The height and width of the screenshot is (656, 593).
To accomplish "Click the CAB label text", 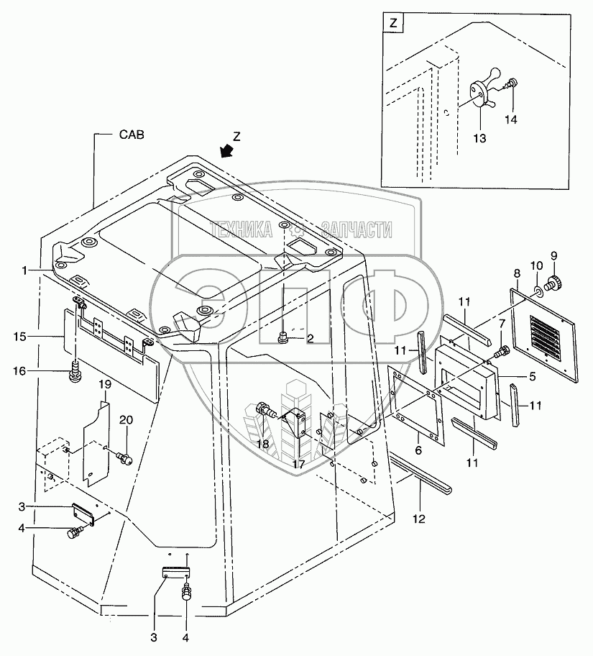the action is [132, 135].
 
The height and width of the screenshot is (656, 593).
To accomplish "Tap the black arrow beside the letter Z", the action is [228, 150].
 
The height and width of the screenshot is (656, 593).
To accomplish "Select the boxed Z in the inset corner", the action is [393, 24].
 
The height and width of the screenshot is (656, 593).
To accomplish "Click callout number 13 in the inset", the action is [479, 138].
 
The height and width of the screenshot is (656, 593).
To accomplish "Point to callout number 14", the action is [510, 119].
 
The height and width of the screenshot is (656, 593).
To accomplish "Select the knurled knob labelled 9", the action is [554, 285].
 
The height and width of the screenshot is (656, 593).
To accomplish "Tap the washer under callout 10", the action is [539, 291].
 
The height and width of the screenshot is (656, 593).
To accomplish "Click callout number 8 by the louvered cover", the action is [518, 273].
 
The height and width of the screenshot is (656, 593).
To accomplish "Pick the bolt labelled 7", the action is [501, 352].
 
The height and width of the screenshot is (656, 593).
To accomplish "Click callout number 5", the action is [533, 376].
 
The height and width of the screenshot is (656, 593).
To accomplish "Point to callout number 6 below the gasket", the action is [418, 450].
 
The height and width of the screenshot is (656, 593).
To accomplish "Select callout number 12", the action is [418, 519].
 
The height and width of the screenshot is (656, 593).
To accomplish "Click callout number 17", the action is [299, 464].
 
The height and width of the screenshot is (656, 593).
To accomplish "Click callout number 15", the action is [19, 337].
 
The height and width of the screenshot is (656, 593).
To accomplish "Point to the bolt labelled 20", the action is [124, 458].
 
